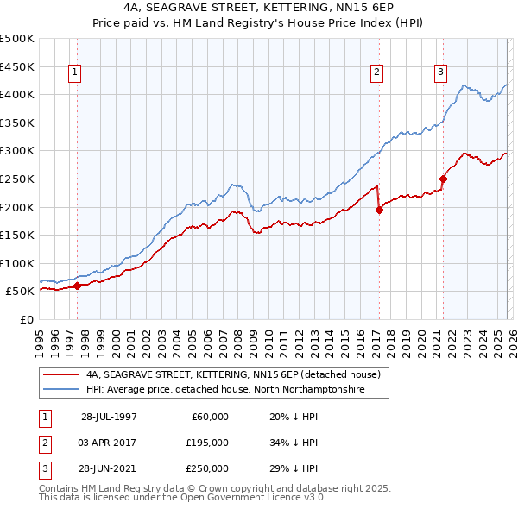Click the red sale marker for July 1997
click(77, 286)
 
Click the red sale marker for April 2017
click(378, 209)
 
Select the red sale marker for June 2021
click(443, 179)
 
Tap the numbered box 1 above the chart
click(76, 73)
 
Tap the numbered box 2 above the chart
click(377, 73)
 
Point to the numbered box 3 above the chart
click(440, 73)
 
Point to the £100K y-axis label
click(17, 263)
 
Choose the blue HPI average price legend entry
click(225, 390)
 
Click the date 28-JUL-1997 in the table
click(109, 417)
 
